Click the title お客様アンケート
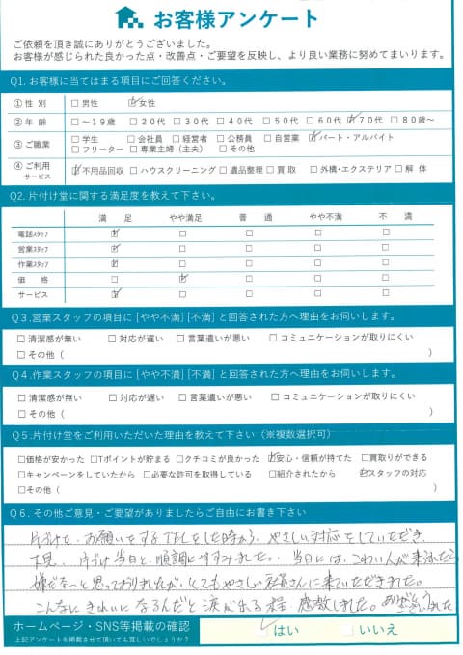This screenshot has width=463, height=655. (229, 18)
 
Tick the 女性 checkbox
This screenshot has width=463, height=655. (134, 101)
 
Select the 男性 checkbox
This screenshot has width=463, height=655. (75, 101)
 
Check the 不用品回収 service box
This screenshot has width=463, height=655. (75, 169)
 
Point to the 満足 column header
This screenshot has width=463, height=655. (114, 219)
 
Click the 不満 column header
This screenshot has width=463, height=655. (388, 219)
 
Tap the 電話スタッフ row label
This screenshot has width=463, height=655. (34, 233)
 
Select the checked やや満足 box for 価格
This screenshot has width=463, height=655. (181, 279)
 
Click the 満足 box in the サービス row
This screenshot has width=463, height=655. (115, 294)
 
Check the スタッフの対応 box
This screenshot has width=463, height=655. (363, 474)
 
